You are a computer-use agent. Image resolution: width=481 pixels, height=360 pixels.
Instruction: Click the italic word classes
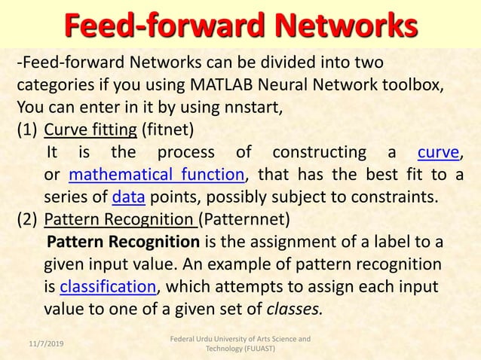(x=295, y=308)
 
